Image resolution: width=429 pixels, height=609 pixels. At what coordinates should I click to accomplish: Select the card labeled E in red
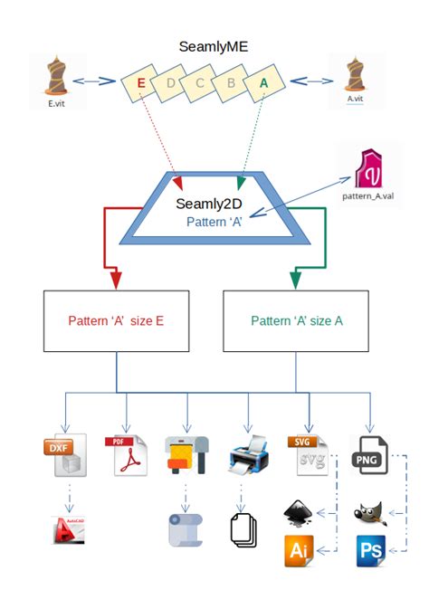coord(140,83)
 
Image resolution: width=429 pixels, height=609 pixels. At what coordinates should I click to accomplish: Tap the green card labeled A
coord(264,81)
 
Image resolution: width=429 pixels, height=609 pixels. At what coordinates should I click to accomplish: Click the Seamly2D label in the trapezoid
coord(214,205)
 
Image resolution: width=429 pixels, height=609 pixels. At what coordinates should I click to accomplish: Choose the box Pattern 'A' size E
coord(116,320)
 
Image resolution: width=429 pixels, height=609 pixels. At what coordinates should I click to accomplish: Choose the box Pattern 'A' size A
coord(296,320)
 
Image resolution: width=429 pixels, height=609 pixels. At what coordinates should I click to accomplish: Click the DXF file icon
coord(66,455)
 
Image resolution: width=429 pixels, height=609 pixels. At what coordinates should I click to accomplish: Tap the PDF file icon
coord(128,455)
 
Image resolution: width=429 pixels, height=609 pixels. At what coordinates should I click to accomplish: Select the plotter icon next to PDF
coord(187,454)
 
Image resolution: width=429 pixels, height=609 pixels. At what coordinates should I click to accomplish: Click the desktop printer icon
coord(247,455)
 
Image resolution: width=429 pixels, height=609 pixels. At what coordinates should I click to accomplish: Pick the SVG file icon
coord(308,455)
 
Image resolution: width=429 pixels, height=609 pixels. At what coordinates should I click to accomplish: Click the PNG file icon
coord(369,455)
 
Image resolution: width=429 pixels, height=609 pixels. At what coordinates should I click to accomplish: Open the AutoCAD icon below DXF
coord(69,528)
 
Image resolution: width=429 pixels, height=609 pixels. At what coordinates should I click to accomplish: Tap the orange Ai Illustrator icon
coord(300,550)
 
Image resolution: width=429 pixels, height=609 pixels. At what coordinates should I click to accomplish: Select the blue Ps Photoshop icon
coord(371,550)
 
